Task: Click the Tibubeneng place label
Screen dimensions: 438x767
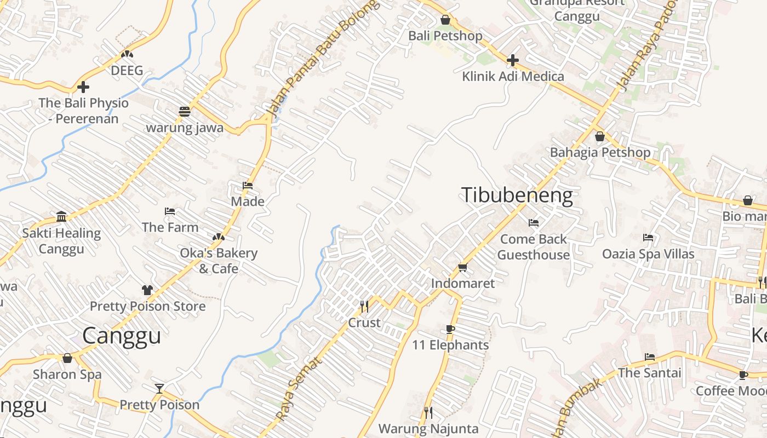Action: click(x=517, y=195)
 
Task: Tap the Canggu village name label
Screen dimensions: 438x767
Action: click(x=122, y=336)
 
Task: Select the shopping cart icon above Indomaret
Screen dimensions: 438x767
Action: click(x=462, y=268)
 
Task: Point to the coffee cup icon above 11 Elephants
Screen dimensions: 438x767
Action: click(x=450, y=329)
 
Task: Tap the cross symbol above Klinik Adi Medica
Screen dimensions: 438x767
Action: click(x=512, y=60)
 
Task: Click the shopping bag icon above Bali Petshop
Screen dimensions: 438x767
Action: click(x=445, y=20)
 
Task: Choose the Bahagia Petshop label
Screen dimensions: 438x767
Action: click(x=600, y=152)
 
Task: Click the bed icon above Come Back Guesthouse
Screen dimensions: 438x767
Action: click(x=534, y=223)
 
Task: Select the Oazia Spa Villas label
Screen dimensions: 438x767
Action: click(x=648, y=254)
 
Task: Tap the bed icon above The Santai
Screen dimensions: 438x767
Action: click(x=650, y=357)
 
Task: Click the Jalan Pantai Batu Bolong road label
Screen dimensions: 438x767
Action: click(x=323, y=57)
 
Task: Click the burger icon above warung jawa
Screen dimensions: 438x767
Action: click(x=185, y=112)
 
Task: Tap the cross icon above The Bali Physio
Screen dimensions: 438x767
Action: click(x=83, y=87)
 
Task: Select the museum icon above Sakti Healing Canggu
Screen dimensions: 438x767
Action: click(x=61, y=217)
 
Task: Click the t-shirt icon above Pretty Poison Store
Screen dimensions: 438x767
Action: click(x=147, y=290)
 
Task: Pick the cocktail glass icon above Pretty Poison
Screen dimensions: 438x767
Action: click(x=159, y=389)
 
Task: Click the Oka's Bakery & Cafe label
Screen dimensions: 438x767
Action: click(x=218, y=261)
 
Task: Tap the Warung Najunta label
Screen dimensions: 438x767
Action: click(x=428, y=429)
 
